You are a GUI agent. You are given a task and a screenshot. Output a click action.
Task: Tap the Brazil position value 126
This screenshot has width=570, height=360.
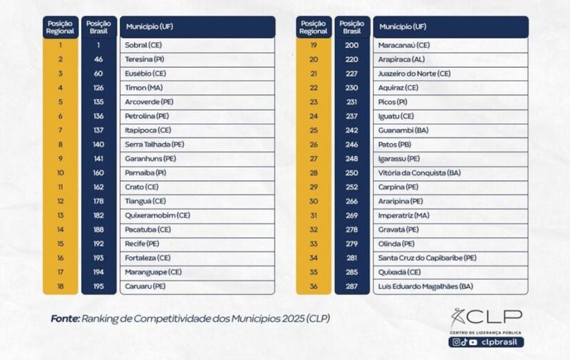coord(98,88)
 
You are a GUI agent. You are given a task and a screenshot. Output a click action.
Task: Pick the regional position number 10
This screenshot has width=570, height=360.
coord(61,173)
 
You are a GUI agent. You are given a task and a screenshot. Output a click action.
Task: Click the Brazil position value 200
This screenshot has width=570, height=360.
coord(351,45)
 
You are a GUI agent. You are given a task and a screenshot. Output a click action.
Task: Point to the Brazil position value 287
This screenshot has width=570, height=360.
coord(351,287)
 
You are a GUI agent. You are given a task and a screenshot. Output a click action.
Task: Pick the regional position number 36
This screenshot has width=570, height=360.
coord(313,287)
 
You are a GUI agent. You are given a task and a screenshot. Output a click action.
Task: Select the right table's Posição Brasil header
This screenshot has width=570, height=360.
coord(351,27)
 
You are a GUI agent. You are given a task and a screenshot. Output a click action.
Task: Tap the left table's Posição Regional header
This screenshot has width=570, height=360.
coord(61,27)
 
